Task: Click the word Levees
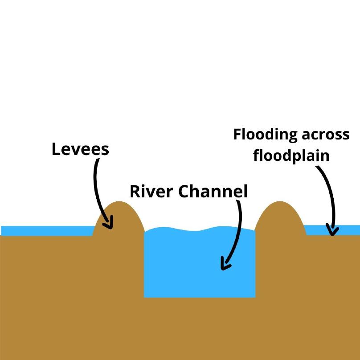point(80,149)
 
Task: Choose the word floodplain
point(291,155)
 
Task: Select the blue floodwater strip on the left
point(45,230)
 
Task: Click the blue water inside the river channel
point(187,267)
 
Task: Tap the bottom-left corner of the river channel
point(144,297)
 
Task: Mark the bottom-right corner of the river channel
point(255,297)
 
